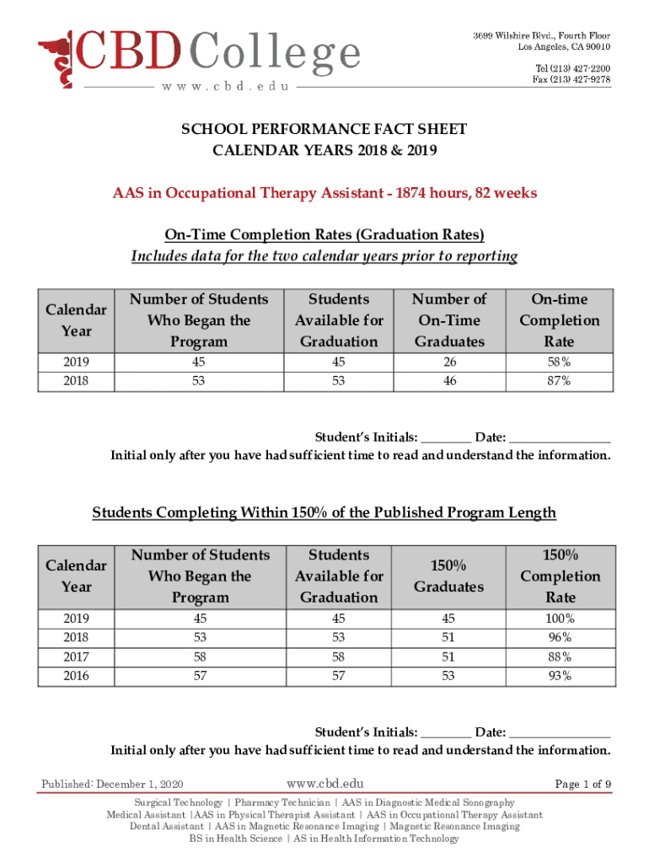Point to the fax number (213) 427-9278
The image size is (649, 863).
pos(571,79)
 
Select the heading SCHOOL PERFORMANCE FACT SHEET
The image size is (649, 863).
pos(324,129)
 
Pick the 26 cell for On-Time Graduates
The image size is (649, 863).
pos(448,362)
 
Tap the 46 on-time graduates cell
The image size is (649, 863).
pos(448,381)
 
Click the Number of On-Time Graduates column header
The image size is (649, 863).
pos(448,320)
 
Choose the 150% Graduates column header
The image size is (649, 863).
pos(448,576)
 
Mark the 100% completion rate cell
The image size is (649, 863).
pos(560,618)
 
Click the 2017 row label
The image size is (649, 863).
pos(77,657)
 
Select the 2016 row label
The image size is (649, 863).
pos(77,676)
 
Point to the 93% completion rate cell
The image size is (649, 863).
pos(560,676)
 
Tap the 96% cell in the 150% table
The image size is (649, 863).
pos(560,637)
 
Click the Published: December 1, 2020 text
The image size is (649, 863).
pos(113,785)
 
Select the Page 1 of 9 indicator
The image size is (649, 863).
pos(582,785)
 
